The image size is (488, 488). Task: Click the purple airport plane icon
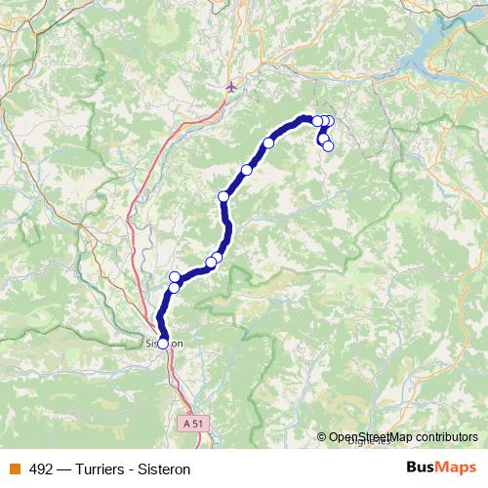pyautogui.click(x=231, y=87)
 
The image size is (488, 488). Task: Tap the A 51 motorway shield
pyautogui.click(x=193, y=425)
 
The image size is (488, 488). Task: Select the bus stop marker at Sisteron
pyautogui.click(x=163, y=343)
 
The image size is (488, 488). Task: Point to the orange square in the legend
pyautogui.click(x=14, y=469)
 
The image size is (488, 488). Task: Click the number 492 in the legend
pyautogui.click(x=41, y=469)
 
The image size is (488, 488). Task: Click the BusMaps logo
pyautogui.click(x=440, y=468)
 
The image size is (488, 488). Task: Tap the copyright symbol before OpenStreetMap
pyautogui.click(x=322, y=437)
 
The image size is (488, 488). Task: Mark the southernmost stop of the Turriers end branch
pyautogui.click(x=328, y=146)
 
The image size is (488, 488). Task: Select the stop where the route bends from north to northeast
pyautogui.click(x=224, y=197)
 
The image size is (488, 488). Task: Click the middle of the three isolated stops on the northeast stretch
pyautogui.click(x=247, y=170)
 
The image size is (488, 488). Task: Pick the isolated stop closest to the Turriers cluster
pyautogui.click(x=268, y=143)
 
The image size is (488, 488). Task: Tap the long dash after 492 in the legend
pyautogui.click(x=63, y=469)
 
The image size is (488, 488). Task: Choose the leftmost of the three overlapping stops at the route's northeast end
pyautogui.click(x=316, y=121)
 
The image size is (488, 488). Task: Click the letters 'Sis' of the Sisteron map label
pyautogui.click(x=152, y=344)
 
